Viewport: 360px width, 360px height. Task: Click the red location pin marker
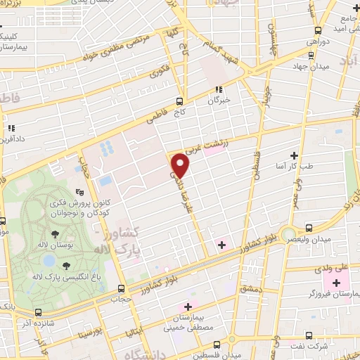click(181, 165)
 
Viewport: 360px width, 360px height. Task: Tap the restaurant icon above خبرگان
click(219, 89)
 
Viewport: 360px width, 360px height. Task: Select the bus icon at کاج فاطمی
click(179, 101)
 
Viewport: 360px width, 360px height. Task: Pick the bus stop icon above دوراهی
click(318, 30)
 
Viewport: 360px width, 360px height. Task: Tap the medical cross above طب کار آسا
click(294, 155)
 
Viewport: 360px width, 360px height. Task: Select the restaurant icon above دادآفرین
click(12, 129)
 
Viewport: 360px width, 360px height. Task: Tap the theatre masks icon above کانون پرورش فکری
click(80, 191)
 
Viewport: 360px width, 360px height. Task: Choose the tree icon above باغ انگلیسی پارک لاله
click(66, 265)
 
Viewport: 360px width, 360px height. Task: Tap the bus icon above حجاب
click(122, 288)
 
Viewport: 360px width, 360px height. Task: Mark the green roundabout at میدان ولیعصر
click(288, 233)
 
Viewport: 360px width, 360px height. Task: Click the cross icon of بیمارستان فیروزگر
click(336, 283)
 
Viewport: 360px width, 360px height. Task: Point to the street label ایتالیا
click(134, 325)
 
